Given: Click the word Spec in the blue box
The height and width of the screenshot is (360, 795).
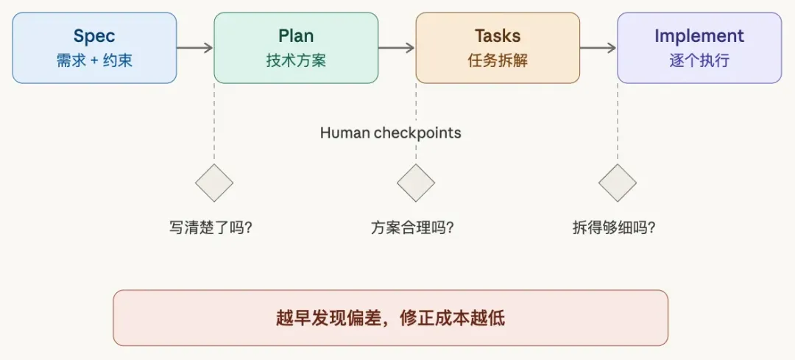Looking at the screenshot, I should (94, 35).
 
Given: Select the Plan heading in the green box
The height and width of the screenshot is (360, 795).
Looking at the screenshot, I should (296, 35).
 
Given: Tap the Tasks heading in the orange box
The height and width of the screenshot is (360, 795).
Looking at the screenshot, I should (498, 35).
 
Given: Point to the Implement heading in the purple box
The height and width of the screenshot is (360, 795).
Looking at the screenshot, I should (699, 35).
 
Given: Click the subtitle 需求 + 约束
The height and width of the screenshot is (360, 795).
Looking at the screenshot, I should (94, 60).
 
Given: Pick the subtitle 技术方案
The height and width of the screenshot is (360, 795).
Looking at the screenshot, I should (296, 60).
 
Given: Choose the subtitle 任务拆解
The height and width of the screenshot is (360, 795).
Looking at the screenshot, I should (498, 60).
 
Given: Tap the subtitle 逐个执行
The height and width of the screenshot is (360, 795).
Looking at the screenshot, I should (699, 60).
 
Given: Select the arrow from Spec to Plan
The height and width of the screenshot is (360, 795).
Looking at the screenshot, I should (195, 48).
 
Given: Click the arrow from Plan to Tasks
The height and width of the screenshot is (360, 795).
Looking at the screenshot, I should (397, 48).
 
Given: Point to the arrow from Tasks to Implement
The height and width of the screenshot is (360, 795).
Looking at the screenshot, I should (598, 48).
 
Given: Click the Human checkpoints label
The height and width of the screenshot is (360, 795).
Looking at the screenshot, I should (390, 133).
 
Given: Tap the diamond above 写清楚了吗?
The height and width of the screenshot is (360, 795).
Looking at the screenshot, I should (214, 183).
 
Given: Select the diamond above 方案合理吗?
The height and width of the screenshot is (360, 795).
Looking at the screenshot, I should (416, 183).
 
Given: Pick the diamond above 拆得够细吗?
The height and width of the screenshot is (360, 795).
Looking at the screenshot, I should (617, 183).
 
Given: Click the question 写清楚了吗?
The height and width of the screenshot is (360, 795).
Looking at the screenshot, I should (211, 227).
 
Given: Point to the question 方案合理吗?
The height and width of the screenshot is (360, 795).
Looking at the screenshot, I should (412, 227).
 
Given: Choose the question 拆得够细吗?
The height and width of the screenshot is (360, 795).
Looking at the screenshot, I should (614, 227).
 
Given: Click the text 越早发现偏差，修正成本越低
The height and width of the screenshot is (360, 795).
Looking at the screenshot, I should (390, 318).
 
